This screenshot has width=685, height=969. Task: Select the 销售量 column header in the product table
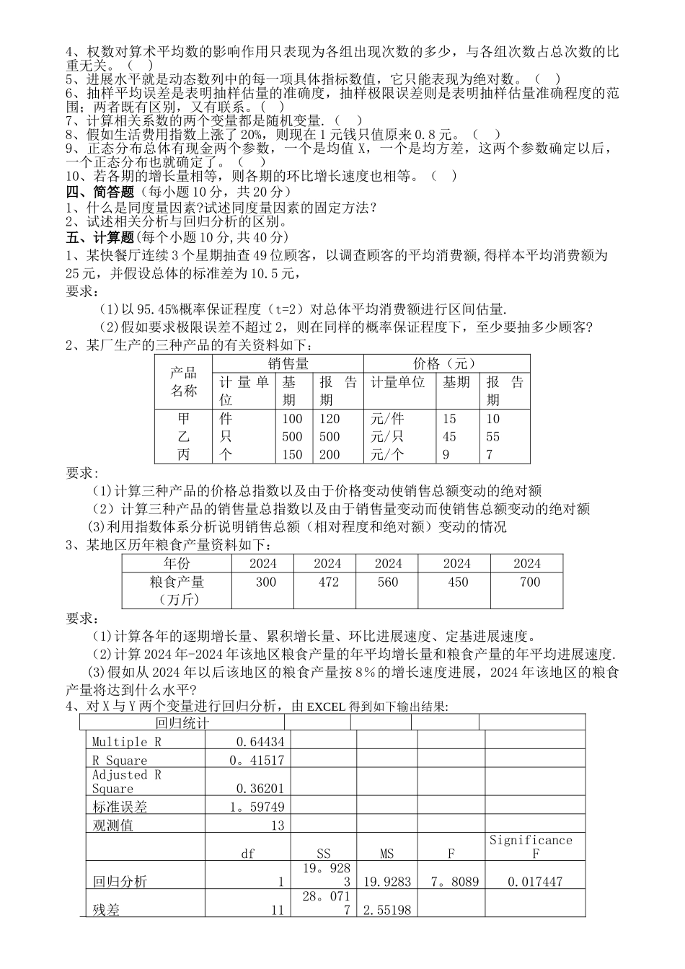(288, 364)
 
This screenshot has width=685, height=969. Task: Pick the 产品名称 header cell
(183, 382)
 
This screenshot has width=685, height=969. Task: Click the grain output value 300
(265, 583)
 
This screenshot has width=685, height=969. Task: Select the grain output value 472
(328, 583)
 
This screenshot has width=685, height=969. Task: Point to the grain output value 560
(388, 583)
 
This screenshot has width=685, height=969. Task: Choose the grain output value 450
(458, 583)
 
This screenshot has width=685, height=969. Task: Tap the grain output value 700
(529, 583)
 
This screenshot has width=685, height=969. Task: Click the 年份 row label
(177, 564)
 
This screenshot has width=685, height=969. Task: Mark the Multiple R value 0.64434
(260, 742)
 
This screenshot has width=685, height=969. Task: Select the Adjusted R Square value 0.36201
(260, 789)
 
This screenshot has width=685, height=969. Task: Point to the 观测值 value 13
(278, 826)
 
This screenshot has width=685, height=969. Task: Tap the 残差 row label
(106, 911)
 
